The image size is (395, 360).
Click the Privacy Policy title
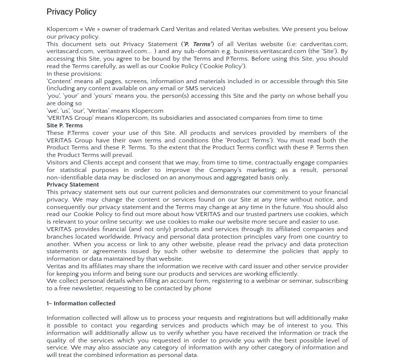pyautogui.click(x=71, y=12)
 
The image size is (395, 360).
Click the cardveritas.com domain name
pyautogui.click(x=323, y=44)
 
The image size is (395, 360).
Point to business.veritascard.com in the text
pyautogui.click(x=270, y=51)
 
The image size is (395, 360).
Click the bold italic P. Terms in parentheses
pyautogui.click(x=197, y=44)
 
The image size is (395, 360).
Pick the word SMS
pyautogui.click(x=191, y=88)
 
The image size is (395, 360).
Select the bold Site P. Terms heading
pyautogui.click(x=65, y=125)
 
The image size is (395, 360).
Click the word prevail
pyautogui.click(x=122, y=155)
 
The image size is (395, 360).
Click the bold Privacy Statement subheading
pyautogui.click(x=73, y=185)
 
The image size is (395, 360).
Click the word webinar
pyautogui.click(x=268, y=281)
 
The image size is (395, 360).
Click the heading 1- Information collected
pyautogui.click(x=81, y=303)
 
